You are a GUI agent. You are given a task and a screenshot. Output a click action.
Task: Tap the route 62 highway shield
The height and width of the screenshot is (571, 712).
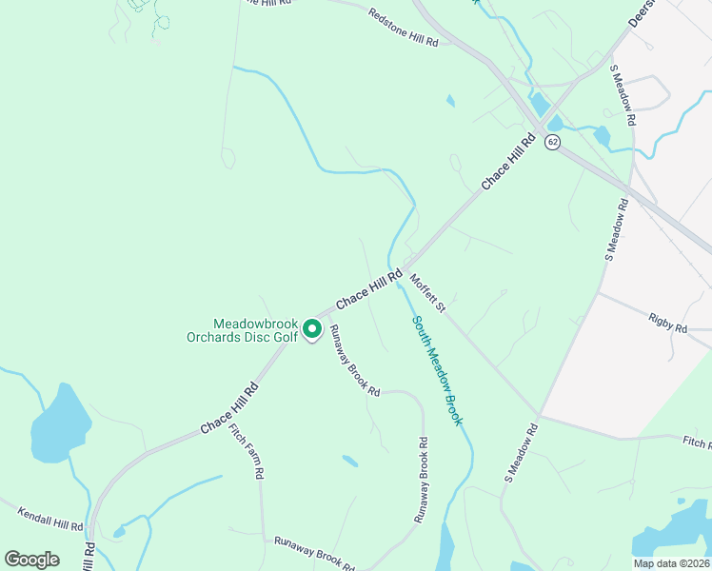coord(552,142)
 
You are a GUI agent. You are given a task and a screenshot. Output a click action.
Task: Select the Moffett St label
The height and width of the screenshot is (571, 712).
coord(427,293)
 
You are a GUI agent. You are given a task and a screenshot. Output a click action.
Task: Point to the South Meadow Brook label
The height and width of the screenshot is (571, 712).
coord(437,371)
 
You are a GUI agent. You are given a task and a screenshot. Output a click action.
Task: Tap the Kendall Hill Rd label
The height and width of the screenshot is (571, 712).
coord(49,519)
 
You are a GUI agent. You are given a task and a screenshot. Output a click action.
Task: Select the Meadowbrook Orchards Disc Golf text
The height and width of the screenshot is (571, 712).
coord(255,330)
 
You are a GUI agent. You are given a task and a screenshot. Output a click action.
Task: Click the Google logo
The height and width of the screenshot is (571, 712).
coord(31,560)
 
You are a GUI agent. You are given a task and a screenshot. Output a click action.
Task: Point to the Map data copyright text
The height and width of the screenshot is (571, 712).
coord(670,563)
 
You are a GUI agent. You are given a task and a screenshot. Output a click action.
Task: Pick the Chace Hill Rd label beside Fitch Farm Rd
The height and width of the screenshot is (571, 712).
coord(229,409)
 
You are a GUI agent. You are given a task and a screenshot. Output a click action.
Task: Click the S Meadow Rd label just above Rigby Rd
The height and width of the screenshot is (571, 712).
coord(616,229)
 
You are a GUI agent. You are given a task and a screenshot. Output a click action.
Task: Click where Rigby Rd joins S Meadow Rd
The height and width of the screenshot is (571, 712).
coord(597,293)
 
